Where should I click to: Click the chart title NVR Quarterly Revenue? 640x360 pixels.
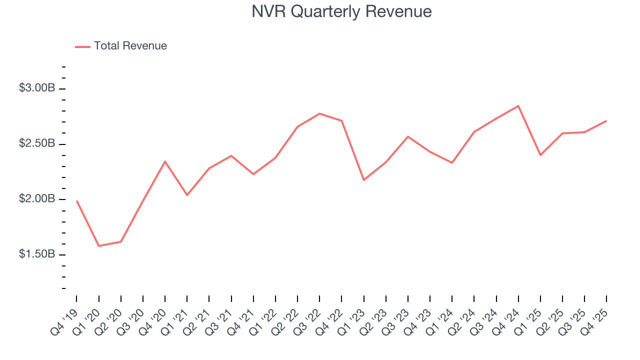(x=341, y=11)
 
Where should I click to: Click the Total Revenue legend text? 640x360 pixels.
(x=130, y=46)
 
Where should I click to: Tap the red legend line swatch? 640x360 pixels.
(x=82, y=46)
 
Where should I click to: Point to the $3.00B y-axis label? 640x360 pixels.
(x=36, y=88)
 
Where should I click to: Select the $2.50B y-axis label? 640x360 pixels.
(x=36, y=143)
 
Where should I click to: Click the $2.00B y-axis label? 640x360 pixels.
(x=36, y=198)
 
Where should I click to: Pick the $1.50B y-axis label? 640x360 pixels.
(x=36, y=254)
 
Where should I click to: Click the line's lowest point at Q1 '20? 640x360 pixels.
(x=98, y=246)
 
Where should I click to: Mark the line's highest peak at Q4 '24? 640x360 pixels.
(x=518, y=106)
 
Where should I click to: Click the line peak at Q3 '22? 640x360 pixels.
(x=319, y=113)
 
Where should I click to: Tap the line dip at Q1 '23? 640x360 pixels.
(x=363, y=180)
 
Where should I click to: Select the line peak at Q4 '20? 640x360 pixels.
(x=165, y=161)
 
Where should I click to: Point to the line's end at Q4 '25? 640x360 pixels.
(x=606, y=120)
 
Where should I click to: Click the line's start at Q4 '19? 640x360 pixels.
(x=76, y=201)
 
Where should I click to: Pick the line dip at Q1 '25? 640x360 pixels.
(x=540, y=155)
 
